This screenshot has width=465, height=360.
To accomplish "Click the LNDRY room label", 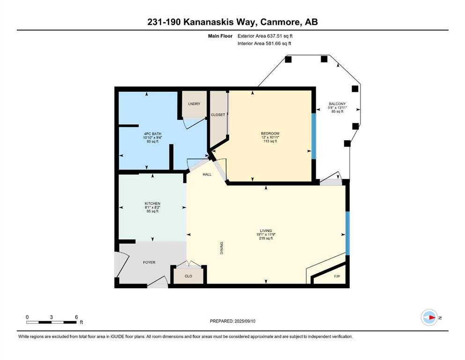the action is (x=194, y=104).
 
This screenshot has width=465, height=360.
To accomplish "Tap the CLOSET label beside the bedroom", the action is (x=218, y=115).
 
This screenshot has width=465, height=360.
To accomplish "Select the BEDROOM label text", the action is (x=270, y=134).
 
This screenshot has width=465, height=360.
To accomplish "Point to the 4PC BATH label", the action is (x=153, y=134).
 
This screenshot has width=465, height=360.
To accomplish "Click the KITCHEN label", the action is (x=153, y=203).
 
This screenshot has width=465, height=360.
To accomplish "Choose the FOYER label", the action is (x=149, y=262).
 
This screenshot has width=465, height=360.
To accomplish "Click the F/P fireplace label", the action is (x=337, y=276).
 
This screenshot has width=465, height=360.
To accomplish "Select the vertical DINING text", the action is (x=221, y=248).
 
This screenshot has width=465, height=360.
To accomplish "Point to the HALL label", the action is (x=207, y=174).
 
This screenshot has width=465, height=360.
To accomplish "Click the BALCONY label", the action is (x=337, y=104).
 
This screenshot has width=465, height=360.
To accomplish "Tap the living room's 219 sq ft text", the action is (x=266, y=238).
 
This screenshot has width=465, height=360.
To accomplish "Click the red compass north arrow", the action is (x=432, y=317).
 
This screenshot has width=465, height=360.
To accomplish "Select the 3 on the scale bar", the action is (x=52, y=317).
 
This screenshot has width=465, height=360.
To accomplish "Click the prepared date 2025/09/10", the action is (x=245, y=321).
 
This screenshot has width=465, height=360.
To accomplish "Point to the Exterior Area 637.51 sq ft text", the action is (x=265, y=36).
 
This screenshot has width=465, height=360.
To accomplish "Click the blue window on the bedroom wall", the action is (x=314, y=136).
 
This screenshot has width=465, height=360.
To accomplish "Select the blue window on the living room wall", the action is (x=348, y=233).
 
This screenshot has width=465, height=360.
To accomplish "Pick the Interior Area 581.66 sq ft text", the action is (x=264, y=43).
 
